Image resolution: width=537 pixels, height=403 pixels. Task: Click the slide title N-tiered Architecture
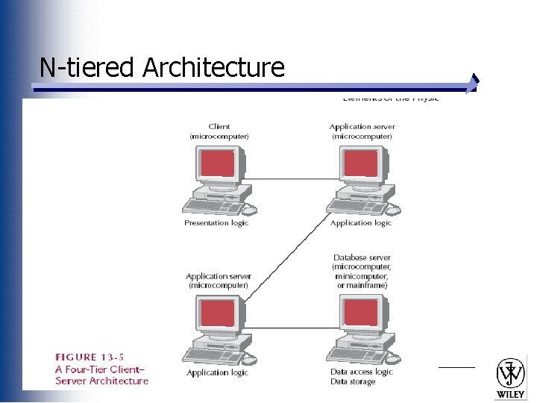[162, 68]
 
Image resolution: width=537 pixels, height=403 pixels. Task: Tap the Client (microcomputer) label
[219, 131]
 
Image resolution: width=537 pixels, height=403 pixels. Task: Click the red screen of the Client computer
[218, 163]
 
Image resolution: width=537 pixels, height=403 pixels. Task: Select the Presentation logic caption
[216, 223]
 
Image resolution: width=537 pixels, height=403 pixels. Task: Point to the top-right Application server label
[361, 131]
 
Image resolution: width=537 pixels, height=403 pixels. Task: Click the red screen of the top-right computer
[361, 163]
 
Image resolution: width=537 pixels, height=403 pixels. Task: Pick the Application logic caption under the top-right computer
[361, 223]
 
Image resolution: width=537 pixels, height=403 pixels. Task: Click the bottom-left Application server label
[219, 281]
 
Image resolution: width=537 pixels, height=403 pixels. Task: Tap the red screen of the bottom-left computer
[218, 313]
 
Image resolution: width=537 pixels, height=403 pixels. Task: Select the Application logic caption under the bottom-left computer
[217, 372]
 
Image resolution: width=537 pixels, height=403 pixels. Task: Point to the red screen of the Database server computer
[361, 313]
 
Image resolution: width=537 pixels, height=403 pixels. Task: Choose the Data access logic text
[362, 372]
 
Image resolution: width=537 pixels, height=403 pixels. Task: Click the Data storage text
[353, 381]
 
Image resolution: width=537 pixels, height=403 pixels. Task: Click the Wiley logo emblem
[511, 373]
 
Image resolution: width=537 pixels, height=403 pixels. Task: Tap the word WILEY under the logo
[511, 393]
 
